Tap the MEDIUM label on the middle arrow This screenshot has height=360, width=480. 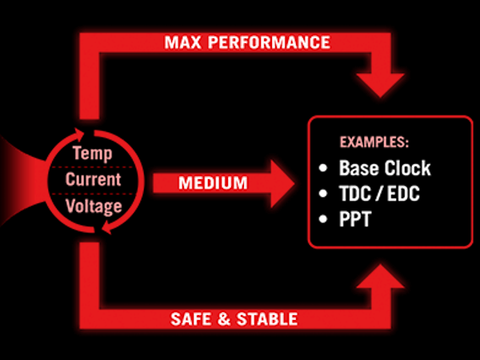click(212, 183)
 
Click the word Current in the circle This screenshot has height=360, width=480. click(93, 179)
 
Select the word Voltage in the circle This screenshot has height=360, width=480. click(94, 206)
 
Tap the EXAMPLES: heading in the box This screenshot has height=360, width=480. click(374, 142)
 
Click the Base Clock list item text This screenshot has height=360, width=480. click(384, 169)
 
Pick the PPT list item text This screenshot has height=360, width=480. click(355, 218)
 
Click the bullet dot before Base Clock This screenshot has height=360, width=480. click(323, 170)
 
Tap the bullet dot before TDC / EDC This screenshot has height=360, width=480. click(323, 194)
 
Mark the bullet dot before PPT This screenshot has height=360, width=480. click(323, 219)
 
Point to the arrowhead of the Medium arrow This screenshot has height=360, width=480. click(284, 183)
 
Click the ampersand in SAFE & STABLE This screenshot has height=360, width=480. click(222, 319)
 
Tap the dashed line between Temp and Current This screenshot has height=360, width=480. click(93, 166)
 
